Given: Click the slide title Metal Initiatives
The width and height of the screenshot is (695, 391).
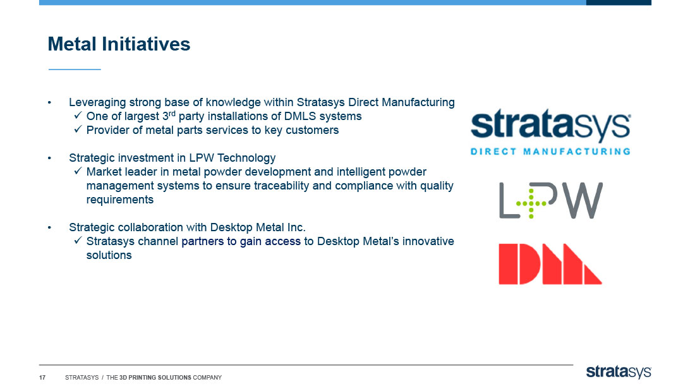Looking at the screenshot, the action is click(x=119, y=44).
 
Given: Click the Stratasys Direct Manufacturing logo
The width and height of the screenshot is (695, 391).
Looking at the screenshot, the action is click(x=550, y=132).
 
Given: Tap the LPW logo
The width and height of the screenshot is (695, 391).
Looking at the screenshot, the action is click(x=551, y=200).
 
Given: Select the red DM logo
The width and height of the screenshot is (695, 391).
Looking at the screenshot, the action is click(x=550, y=264).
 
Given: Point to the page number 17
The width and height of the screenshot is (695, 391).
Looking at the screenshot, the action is click(x=42, y=378).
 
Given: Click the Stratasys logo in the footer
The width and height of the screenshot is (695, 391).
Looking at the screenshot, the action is click(x=619, y=372).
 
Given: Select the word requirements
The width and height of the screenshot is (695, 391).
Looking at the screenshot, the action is click(x=119, y=200).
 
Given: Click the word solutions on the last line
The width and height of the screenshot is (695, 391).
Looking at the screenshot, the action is click(x=109, y=255).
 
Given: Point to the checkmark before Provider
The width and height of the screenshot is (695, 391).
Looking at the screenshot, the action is click(x=78, y=129).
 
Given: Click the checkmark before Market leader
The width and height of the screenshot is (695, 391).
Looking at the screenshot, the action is click(x=78, y=171).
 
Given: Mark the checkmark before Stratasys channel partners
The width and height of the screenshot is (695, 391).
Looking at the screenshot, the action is click(x=78, y=240).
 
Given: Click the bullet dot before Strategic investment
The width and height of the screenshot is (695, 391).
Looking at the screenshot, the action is click(x=50, y=159).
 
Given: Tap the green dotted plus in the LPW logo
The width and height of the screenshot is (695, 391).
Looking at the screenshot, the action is click(x=531, y=203).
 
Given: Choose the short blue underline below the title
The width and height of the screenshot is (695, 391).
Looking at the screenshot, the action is click(x=75, y=69).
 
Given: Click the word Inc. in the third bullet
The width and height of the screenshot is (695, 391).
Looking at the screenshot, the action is click(x=296, y=227).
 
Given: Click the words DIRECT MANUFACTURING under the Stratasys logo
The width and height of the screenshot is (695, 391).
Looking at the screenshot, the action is click(x=550, y=152).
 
